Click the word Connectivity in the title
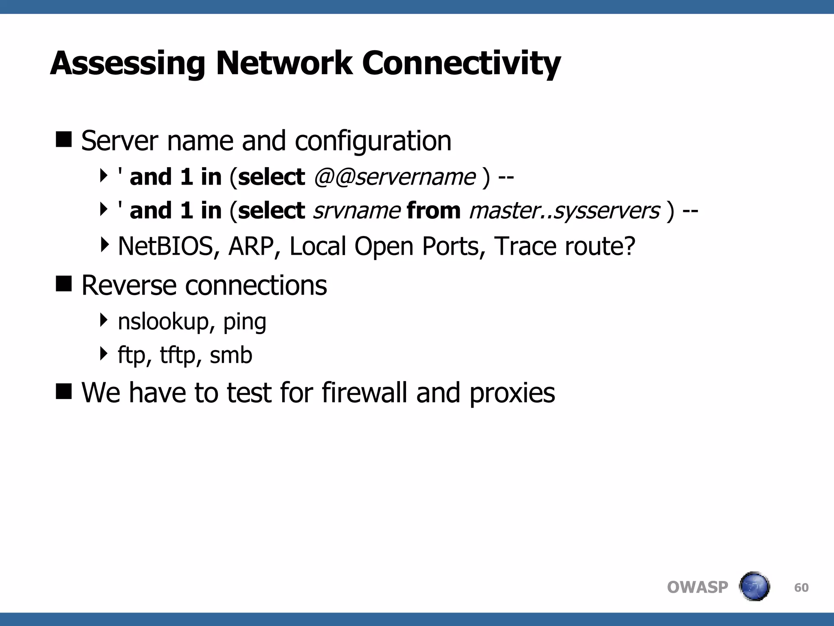click(x=461, y=64)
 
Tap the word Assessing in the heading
click(x=128, y=64)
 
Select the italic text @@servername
click(x=394, y=177)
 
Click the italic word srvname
click(x=357, y=211)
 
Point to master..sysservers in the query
click(x=564, y=211)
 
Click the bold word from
click(x=434, y=211)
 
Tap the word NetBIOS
click(x=165, y=246)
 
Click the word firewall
click(x=364, y=392)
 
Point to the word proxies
click(x=512, y=393)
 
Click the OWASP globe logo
click(x=754, y=586)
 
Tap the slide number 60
click(x=801, y=587)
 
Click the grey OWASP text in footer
click(x=697, y=587)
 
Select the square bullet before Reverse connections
click(x=64, y=284)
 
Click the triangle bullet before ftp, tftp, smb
click(x=104, y=354)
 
